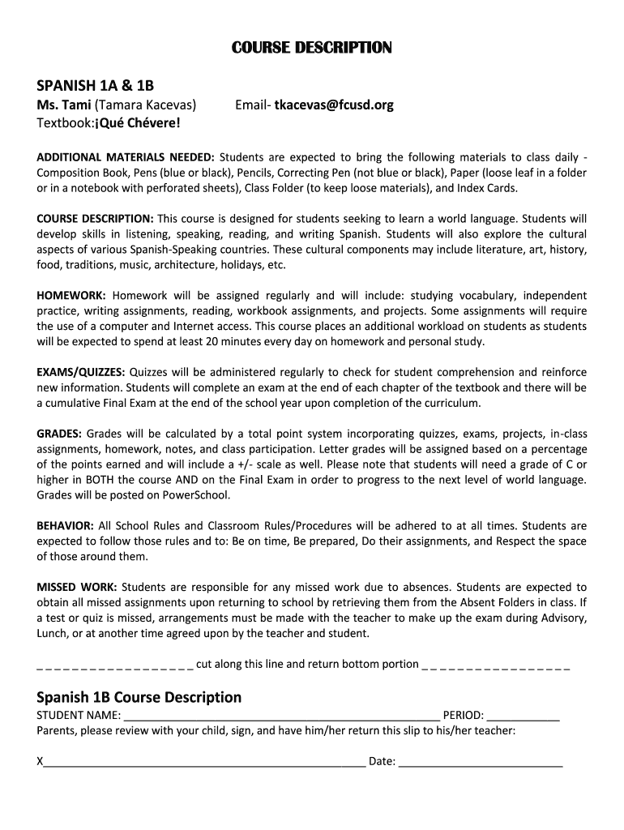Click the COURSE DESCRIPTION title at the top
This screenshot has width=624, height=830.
coord(312,48)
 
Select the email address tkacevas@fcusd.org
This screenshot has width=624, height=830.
coord(334,105)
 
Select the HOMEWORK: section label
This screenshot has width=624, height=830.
coord(72,296)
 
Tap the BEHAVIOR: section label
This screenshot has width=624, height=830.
coord(66,526)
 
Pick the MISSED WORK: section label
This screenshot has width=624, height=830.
coord(77,587)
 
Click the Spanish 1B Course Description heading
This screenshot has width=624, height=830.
coord(139,697)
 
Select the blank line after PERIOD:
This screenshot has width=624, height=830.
coord(524,717)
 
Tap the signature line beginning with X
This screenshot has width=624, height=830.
coord(203,762)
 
